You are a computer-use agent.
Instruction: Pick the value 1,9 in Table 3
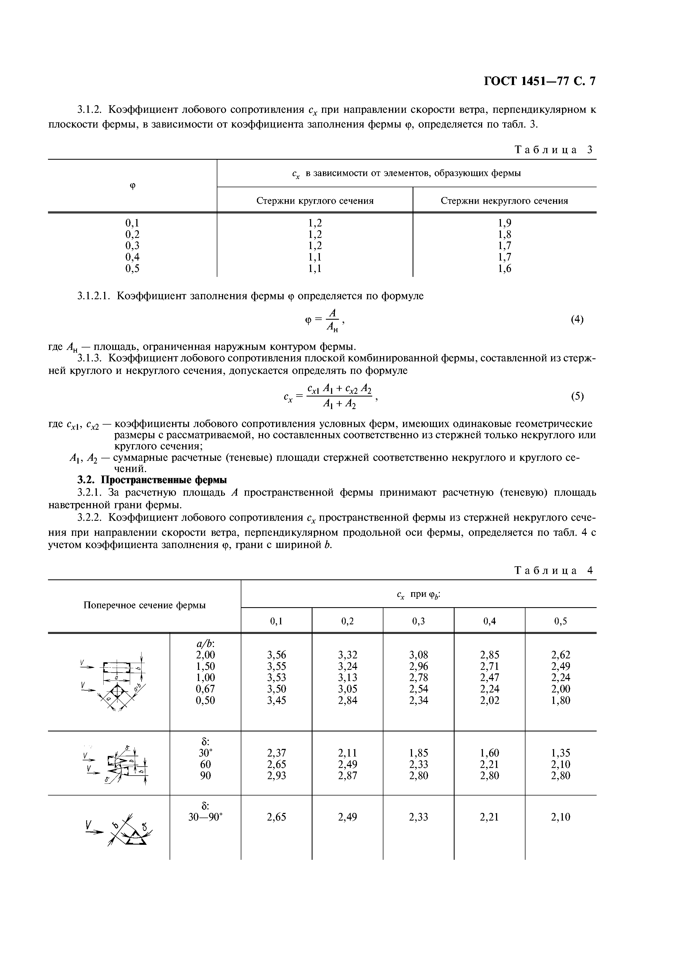click(x=504, y=223)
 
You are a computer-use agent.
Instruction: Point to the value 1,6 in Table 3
click(x=504, y=268)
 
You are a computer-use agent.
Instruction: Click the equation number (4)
click(x=577, y=319)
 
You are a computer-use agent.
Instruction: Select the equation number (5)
click(x=577, y=397)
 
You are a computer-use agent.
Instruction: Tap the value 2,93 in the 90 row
click(x=276, y=775)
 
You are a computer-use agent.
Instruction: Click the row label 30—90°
click(x=205, y=816)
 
